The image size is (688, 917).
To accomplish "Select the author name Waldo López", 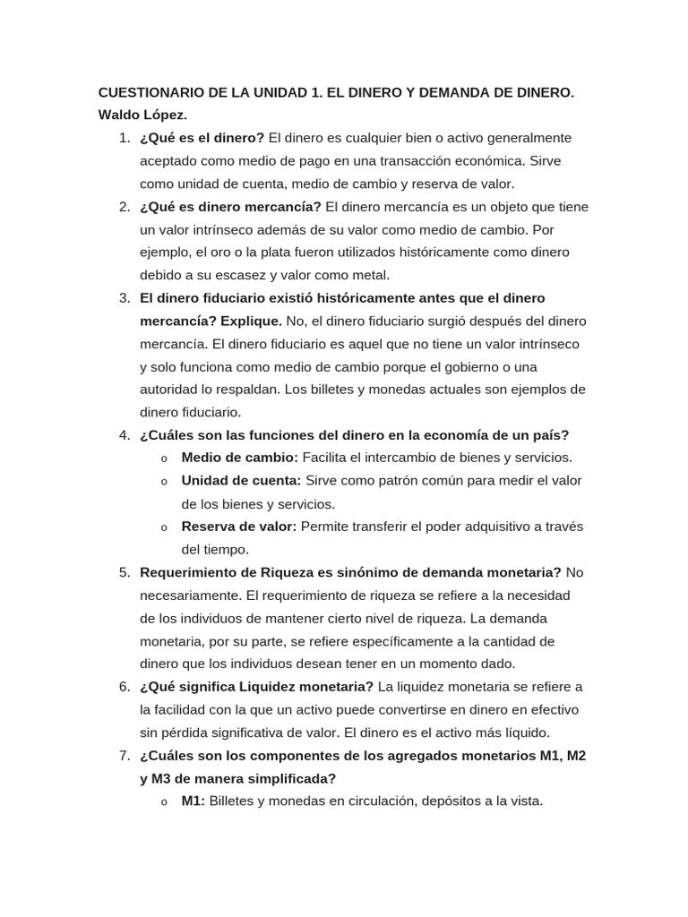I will tap(142, 116).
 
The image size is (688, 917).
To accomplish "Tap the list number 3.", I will tap(125, 298).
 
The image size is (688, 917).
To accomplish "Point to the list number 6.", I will tap(125, 687).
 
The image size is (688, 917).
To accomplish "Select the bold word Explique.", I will tap(252, 321).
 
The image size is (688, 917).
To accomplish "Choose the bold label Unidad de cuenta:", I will tap(241, 481).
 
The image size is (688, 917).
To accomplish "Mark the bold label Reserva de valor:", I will tap(238, 527).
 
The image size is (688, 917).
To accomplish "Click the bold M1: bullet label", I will tap(193, 801).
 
